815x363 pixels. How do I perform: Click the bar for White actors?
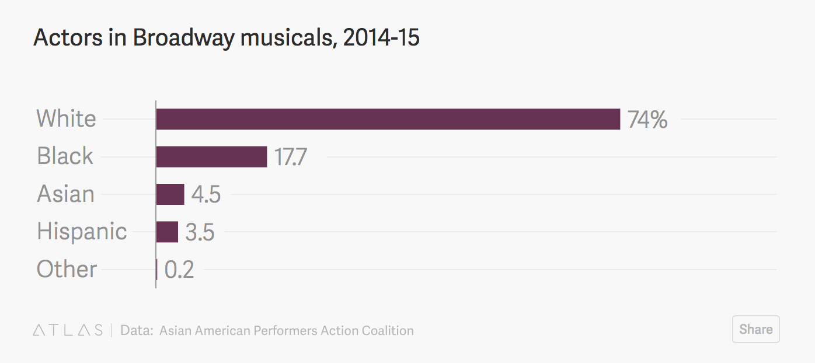(388, 119)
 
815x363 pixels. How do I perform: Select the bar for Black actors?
(211, 156)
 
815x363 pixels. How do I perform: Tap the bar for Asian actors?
(170, 194)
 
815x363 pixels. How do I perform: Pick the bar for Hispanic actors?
(167, 232)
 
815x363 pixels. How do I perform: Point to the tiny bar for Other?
(156, 270)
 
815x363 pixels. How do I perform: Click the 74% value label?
(647, 120)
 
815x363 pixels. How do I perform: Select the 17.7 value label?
(291, 157)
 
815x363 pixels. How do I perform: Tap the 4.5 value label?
(206, 195)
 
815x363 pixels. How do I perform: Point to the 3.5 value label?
(200, 232)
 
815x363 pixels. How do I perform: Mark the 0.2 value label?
(179, 270)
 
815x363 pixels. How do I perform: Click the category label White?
(66, 118)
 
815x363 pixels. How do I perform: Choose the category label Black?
(65, 156)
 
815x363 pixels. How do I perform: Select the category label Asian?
(65, 194)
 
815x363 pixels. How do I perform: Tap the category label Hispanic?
(82, 231)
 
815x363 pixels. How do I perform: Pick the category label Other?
(67, 269)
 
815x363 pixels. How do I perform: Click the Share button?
(755, 329)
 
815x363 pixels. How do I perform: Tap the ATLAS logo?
(68, 330)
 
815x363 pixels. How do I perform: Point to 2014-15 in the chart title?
(381, 38)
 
